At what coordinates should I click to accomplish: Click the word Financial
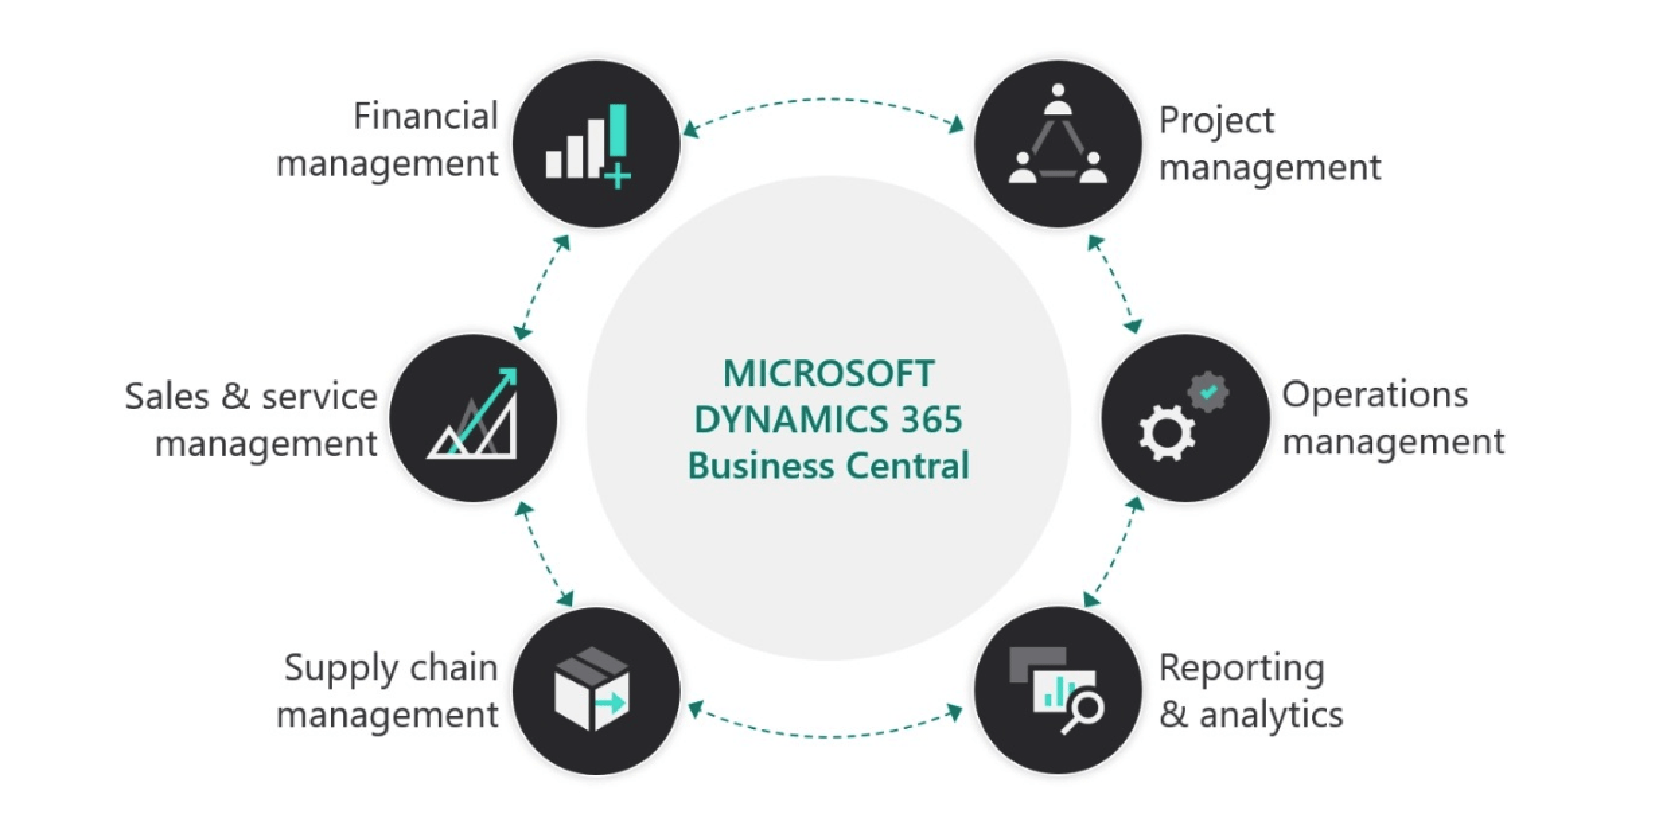point(426,116)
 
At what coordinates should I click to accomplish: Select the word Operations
point(1374,395)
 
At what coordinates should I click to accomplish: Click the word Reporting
point(1241,669)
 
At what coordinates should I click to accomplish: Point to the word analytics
point(1271,715)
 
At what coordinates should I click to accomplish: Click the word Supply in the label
point(341,669)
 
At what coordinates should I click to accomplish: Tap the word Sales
point(167,396)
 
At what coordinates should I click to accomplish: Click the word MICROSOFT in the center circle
point(829,373)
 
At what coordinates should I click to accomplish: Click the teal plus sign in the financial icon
point(618,178)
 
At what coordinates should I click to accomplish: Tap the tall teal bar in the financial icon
point(617,130)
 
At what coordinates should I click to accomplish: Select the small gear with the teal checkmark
point(1208,392)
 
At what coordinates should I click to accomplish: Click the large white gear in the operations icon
point(1167,433)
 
